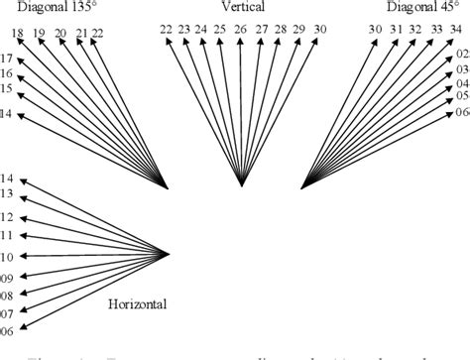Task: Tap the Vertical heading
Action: (x=241, y=8)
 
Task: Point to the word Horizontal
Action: (x=137, y=303)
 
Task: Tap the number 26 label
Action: (x=240, y=30)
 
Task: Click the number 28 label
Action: (x=280, y=30)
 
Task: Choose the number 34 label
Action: (x=454, y=30)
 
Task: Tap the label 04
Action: (x=460, y=83)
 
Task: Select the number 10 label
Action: (x=7, y=256)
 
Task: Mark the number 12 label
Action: (x=7, y=217)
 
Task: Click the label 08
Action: (x=7, y=296)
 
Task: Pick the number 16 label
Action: (x=7, y=73)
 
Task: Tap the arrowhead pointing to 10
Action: (x=23, y=255)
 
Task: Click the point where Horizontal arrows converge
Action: (x=170, y=254)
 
